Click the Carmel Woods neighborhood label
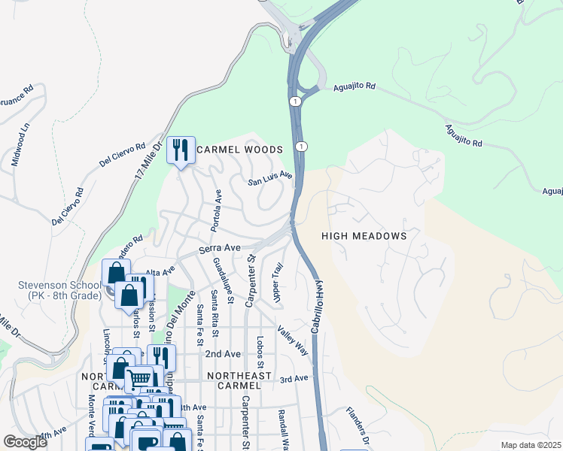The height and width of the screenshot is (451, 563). pyautogui.click(x=239, y=150)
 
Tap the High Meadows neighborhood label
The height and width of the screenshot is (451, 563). pyautogui.click(x=364, y=236)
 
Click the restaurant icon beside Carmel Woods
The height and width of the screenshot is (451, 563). pyautogui.click(x=181, y=151)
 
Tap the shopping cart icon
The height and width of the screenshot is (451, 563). pyautogui.click(x=138, y=380)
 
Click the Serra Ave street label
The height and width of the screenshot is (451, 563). pyautogui.click(x=219, y=247)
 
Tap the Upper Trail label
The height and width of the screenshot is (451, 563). pyautogui.click(x=278, y=283)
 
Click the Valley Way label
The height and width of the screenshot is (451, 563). pyautogui.click(x=292, y=340)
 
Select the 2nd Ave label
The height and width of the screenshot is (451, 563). pyautogui.click(x=223, y=353)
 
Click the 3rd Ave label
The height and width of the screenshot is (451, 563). pyautogui.click(x=294, y=380)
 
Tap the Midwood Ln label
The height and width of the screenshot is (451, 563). pyautogui.click(x=24, y=138)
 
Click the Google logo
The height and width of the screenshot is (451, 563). pyautogui.click(x=25, y=442)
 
